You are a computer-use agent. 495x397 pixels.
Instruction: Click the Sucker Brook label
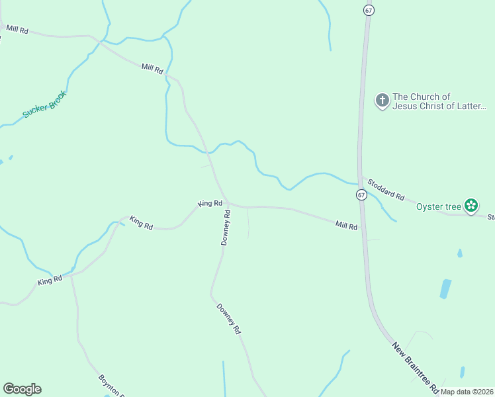[x=45, y=105]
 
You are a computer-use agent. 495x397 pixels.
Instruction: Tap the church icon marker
[x=382, y=101]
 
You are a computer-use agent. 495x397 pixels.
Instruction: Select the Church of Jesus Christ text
[x=439, y=101]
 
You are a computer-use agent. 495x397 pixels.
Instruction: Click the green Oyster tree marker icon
[x=471, y=206]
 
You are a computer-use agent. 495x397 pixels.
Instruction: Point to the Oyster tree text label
[x=438, y=206]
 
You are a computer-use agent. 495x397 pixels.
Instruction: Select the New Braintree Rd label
[x=415, y=367]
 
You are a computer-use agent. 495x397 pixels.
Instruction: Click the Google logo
[x=22, y=389]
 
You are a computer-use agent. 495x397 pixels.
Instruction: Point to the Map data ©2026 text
[x=467, y=392]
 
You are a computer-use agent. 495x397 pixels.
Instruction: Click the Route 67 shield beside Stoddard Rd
[x=361, y=195]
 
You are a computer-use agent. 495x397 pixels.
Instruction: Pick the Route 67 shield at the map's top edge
[x=369, y=10]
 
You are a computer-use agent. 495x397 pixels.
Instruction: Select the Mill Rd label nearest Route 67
[x=346, y=226]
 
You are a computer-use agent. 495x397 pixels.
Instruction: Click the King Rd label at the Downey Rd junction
[x=210, y=203]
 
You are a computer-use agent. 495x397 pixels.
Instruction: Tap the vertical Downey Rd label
[x=226, y=228]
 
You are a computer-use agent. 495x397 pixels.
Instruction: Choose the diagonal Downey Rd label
[x=228, y=318]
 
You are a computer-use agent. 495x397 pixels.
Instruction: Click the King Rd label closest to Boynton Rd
[x=50, y=281]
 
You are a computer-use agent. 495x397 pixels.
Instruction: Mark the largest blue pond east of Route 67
[x=445, y=288]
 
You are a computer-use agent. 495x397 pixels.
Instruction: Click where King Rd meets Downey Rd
[x=227, y=204]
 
